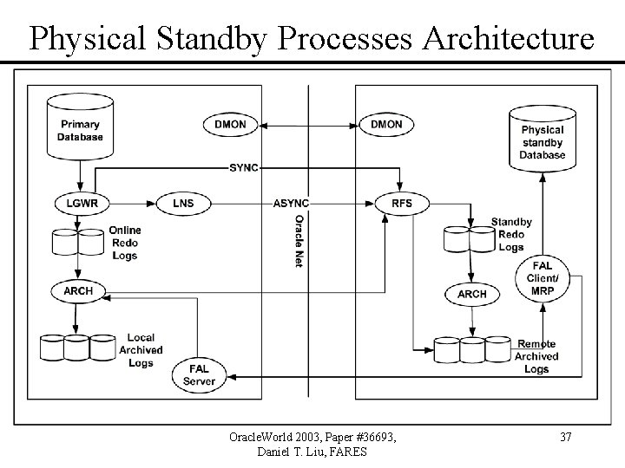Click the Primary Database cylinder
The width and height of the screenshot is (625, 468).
click(80, 127)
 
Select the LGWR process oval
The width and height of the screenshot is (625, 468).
click(82, 204)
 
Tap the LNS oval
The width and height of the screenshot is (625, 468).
click(183, 204)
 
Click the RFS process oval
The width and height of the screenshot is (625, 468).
click(402, 204)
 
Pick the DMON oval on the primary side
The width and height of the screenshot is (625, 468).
click(230, 125)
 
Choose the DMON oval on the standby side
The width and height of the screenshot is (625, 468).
click(386, 125)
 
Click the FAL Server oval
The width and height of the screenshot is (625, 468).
click(200, 375)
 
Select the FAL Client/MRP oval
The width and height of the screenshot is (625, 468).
click(543, 278)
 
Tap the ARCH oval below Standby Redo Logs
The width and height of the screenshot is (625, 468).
click(472, 294)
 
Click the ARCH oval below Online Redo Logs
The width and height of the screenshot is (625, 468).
click(78, 291)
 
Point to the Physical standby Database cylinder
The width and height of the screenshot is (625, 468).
click(543, 139)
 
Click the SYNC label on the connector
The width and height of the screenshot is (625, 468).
click(244, 168)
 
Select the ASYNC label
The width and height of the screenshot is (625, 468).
click(291, 204)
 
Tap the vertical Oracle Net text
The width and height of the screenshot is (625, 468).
click(299, 241)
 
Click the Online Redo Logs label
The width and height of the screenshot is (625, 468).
click(125, 243)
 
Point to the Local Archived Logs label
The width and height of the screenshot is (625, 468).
click(141, 350)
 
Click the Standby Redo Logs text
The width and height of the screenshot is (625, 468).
click(511, 234)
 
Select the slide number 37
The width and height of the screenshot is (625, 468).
click(566, 437)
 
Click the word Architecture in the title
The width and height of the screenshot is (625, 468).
click(508, 39)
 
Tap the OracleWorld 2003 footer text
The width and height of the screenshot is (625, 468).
click(274, 437)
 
